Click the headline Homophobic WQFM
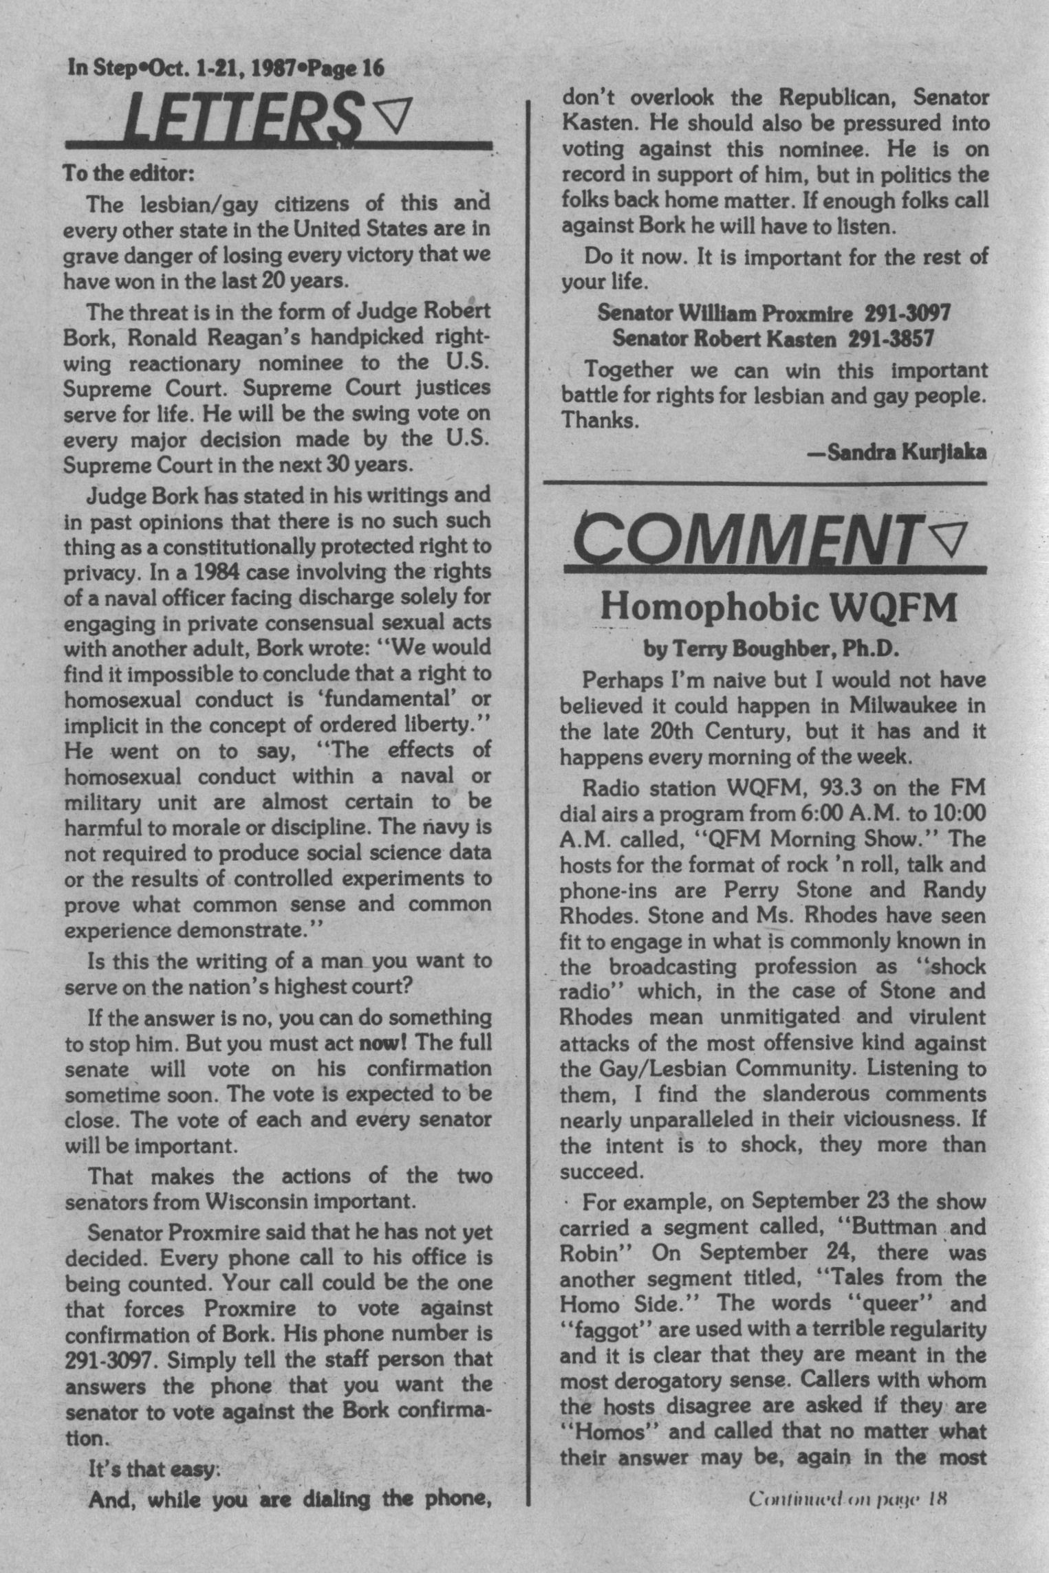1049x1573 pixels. (x=779, y=607)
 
